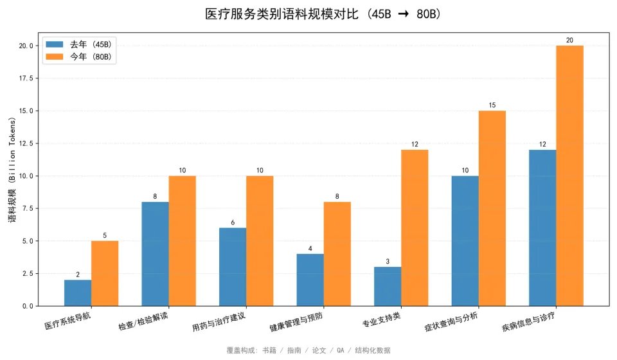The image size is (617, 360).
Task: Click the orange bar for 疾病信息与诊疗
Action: click(x=569, y=175)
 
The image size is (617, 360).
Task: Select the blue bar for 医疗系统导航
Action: click(x=78, y=292)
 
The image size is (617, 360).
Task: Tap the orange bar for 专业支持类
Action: click(x=415, y=228)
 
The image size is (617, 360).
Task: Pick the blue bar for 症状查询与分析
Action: click(x=465, y=240)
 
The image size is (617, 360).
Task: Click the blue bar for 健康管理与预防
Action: click(x=310, y=280)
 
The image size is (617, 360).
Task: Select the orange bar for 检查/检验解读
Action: click(x=183, y=240)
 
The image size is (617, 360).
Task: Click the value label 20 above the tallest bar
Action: click(x=569, y=40)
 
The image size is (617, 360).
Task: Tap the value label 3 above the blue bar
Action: click(x=388, y=262)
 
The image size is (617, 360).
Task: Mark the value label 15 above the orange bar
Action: click(x=492, y=105)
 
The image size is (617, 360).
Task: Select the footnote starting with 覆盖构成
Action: click(x=308, y=350)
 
